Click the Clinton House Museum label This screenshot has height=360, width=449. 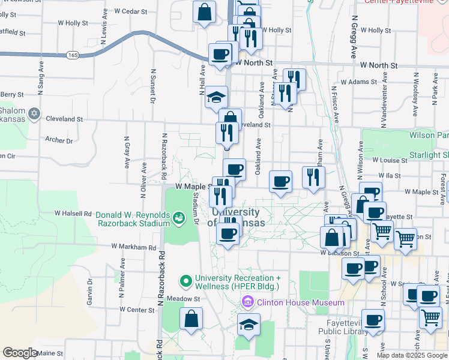[x=292, y=302]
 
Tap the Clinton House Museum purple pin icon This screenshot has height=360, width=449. [x=246, y=302]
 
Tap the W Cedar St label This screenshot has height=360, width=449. [x=130, y=11]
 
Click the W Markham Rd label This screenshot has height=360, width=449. [x=134, y=247]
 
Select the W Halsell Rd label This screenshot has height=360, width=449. [x=73, y=213]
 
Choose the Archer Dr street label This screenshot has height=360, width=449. [x=59, y=140]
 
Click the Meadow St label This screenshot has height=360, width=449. [x=184, y=298]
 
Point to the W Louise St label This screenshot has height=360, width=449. [x=390, y=160]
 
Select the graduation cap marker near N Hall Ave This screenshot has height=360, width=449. [x=216, y=98]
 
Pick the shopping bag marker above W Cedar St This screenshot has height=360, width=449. [x=205, y=11]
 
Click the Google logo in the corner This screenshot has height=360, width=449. [x=20, y=353]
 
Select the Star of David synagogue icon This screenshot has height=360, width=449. [x=34, y=113]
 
